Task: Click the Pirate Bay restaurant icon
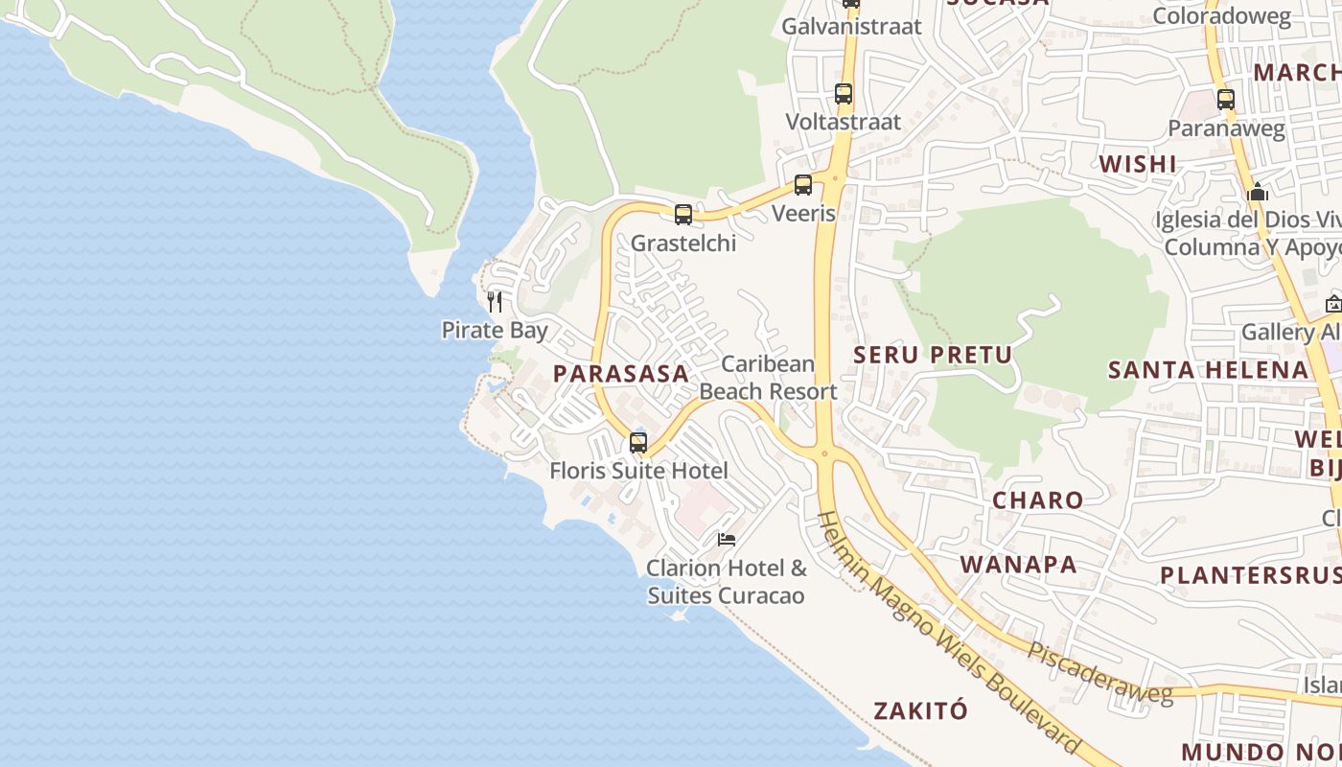(495, 302)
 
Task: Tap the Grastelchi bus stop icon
(683, 215)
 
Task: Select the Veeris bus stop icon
(803, 185)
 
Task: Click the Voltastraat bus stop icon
(844, 94)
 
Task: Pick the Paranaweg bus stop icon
(1226, 99)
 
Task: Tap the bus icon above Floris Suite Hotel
(638, 443)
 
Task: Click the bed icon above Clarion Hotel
(727, 540)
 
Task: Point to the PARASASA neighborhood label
(621, 374)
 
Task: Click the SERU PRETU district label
(933, 355)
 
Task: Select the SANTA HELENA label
(1208, 370)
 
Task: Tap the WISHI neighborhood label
(1138, 164)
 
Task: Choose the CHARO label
(1037, 500)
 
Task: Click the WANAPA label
(1019, 565)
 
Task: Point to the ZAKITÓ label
(920, 711)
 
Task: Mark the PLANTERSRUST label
(1250, 575)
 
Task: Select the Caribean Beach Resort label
(768, 378)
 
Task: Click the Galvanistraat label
(851, 27)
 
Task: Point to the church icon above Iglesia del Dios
(1258, 193)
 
